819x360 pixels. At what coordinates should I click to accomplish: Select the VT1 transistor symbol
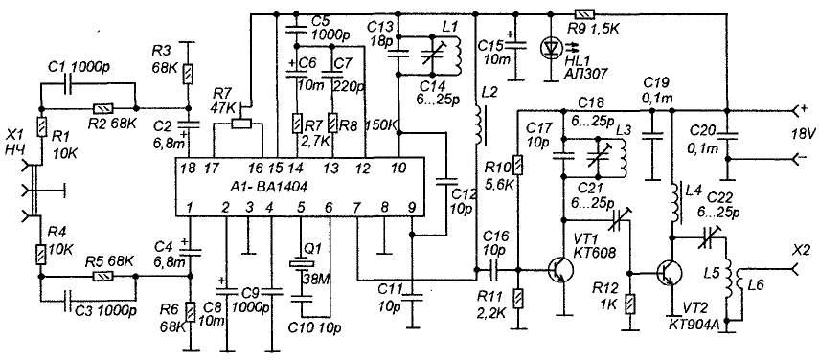click(x=560, y=270)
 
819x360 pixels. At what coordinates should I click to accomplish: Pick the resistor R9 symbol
click(x=581, y=14)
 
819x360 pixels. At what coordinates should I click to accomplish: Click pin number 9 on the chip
click(x=412, y=208)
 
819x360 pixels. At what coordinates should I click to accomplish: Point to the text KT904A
click(x=694, y=326)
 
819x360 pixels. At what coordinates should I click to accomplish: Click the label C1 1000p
click(x=88, y=68)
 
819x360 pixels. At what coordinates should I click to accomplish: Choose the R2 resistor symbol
click(x=102, y=109)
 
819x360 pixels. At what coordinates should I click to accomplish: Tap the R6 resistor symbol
click(x=190, y=312)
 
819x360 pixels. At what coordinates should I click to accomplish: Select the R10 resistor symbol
click(x=518, y=165)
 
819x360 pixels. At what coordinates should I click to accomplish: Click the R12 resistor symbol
click(x=631, y=304)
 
